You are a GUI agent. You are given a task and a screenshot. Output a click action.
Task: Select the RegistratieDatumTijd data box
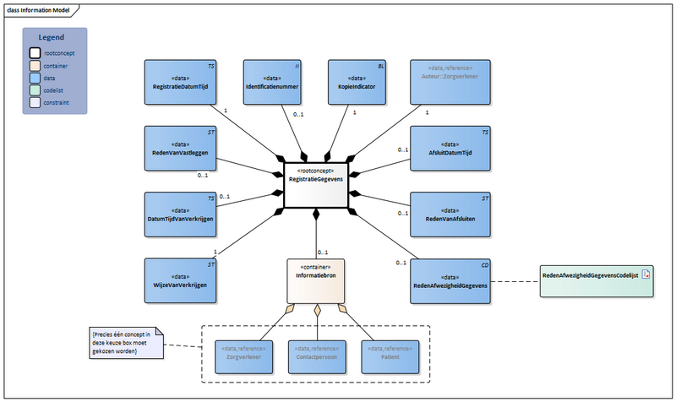pos(179,83)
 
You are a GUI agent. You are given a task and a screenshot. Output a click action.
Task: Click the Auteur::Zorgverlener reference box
pos(449,83)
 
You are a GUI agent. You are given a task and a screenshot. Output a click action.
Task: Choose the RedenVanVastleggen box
pos(179,149)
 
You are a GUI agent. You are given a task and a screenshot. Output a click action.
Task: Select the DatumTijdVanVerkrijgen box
pos(179,215)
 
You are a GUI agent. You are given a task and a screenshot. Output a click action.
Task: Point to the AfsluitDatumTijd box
pos(449,149)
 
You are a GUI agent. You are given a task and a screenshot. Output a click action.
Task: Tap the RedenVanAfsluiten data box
pos(449,215)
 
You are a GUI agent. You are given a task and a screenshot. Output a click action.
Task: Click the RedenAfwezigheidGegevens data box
pos(449,281)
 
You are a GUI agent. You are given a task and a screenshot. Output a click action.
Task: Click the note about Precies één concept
pos(127,344)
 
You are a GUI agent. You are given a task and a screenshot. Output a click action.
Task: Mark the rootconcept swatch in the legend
pos(35,53)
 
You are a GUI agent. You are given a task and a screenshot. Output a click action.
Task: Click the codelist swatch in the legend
pos(35,90)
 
